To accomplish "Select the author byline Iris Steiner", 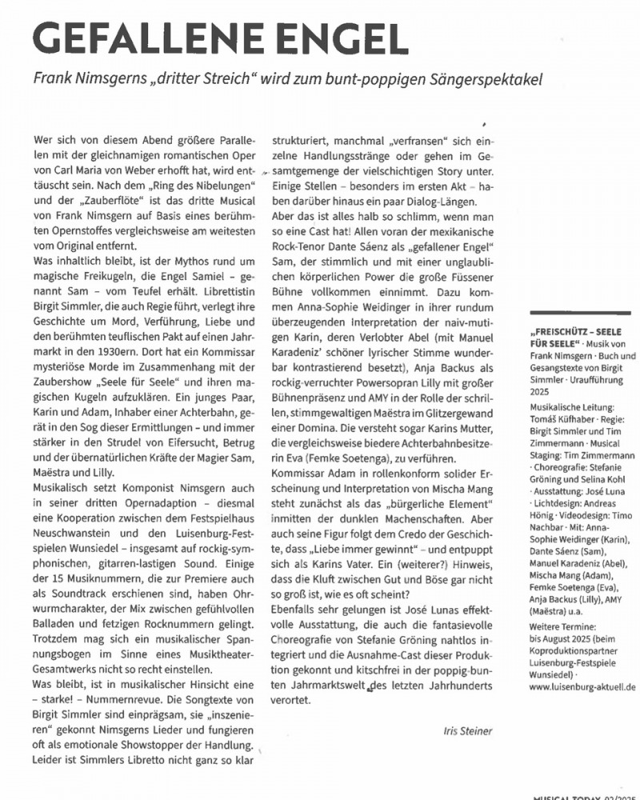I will [x=468, y=730].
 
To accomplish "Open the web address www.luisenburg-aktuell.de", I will [x=581, y=686].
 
